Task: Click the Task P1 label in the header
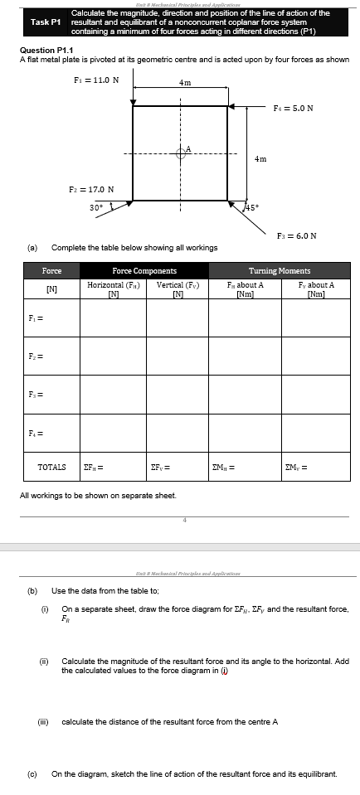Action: [x=46, y=22]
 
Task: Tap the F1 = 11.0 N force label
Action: [x=95, y=80]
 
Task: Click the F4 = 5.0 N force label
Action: [x=293, y=108]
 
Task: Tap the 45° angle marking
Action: [x=250, y=208]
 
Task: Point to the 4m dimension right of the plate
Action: [x=260, y=158]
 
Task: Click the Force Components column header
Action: [x=144, y=271]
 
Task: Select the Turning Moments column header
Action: [x=280, y=271]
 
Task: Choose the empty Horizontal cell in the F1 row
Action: [x=112, y=318]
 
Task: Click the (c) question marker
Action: [x=33, y=773]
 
